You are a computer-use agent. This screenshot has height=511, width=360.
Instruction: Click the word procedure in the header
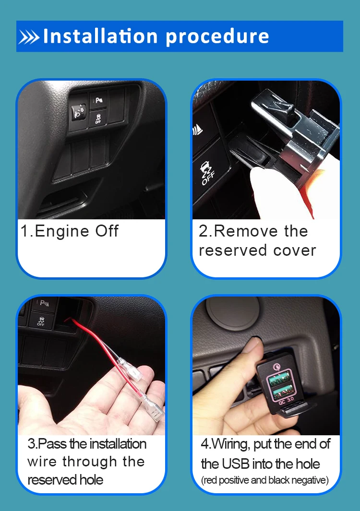pos(217,36)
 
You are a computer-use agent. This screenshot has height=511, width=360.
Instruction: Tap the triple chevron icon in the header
pos(29,36)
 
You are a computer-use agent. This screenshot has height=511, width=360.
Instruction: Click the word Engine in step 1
pos(61,231)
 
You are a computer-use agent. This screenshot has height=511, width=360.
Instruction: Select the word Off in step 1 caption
pos(107,231)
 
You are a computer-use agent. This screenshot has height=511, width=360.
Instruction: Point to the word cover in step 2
pos(295,250)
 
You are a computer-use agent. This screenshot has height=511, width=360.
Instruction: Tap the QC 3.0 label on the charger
pos(286,400)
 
